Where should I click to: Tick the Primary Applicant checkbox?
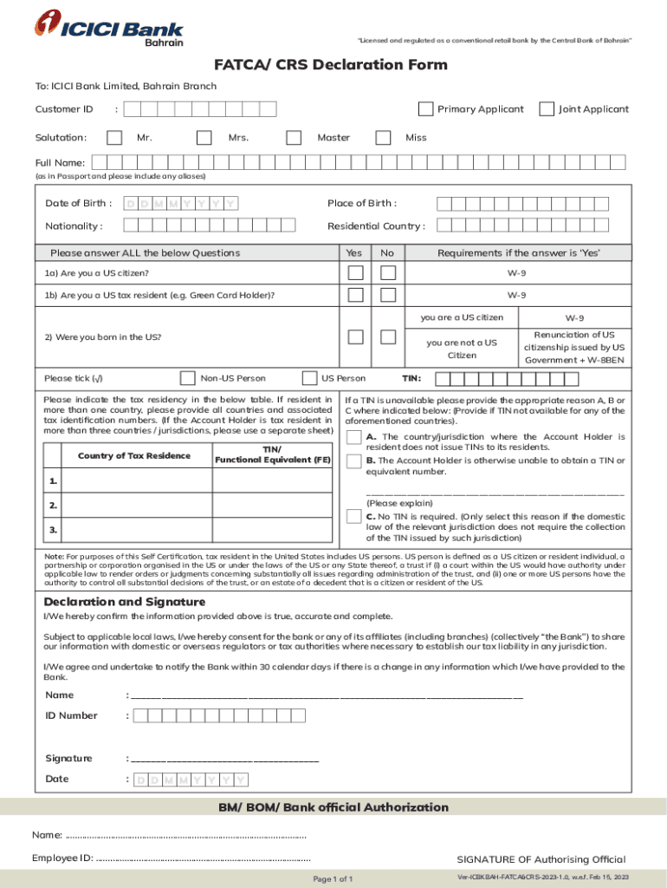pos(425,109)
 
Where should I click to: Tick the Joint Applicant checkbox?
pos(547,109)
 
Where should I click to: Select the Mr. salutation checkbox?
pos(114,137)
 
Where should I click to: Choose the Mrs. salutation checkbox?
pos(204,137)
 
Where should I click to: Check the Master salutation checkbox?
pos(295,137)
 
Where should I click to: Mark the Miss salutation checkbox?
pos(383,137)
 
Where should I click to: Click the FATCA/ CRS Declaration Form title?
pos(332,65)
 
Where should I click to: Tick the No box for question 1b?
pos(388,295)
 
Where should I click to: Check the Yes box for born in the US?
pos(355,337)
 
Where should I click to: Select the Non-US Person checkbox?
pos(188,378)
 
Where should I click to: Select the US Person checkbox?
pos(309,378)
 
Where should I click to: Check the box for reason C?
pos(353,517)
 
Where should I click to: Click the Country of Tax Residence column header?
pos(134,455)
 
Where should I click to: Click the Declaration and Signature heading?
pos(125,602)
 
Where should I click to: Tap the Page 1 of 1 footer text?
pos(333,878)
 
